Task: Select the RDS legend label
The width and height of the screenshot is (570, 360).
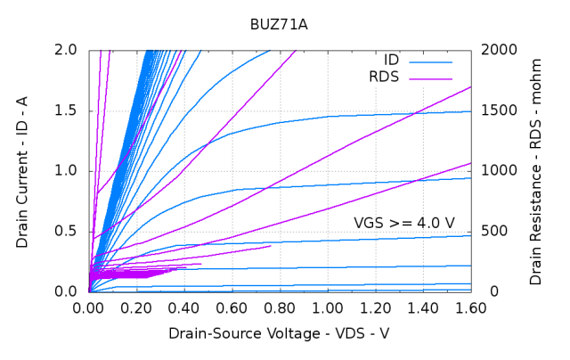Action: tap(384, 78)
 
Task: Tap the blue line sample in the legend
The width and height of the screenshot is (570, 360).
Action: tap(431, 61)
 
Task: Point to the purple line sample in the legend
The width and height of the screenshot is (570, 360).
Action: tap(431, 78)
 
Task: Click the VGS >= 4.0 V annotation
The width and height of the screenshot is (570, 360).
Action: tap(404, 222)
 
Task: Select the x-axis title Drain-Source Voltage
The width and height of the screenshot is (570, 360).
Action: tap(279, 333)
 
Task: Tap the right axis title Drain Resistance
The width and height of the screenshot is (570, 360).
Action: tap(535, 171)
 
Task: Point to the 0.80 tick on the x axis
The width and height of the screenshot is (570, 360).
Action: tap(280, 308)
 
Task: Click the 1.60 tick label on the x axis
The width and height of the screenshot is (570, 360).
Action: tap(470, 308)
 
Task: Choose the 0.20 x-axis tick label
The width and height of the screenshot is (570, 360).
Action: tap(136, 308)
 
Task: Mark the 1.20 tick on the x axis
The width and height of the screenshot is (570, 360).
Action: tap(375, 308)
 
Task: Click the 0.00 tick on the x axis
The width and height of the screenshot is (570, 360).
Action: tap(89, 308)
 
